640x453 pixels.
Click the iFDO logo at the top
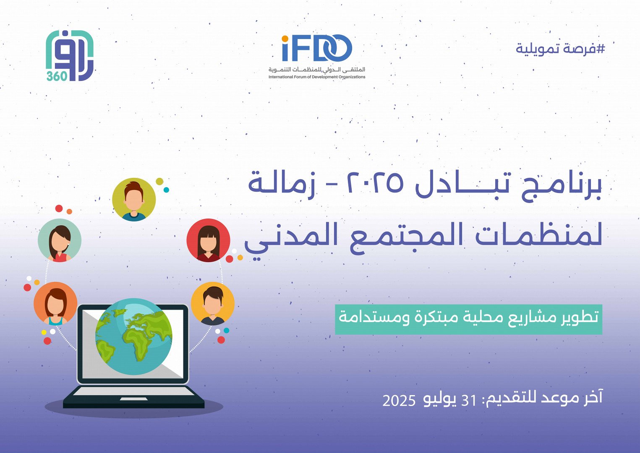click(x=317, y=49)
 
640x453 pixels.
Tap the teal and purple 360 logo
click(x=69, y=56)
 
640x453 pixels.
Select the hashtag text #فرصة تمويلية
click(x=560, y=49)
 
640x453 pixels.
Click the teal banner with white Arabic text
click(x=468, y=319)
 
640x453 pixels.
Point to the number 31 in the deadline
click(x=469, y=401)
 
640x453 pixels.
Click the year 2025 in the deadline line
click(x=399, y=401)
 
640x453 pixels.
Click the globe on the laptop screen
click(x=133, y=336)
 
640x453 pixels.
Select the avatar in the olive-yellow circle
click(x=134, y=200)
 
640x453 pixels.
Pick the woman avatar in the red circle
click(x=208, y=240)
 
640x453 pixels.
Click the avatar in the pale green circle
click(x=60, y=241)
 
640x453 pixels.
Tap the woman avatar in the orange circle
click(x=55, y=303)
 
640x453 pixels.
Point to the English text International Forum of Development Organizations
click(x=317, y=77)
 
